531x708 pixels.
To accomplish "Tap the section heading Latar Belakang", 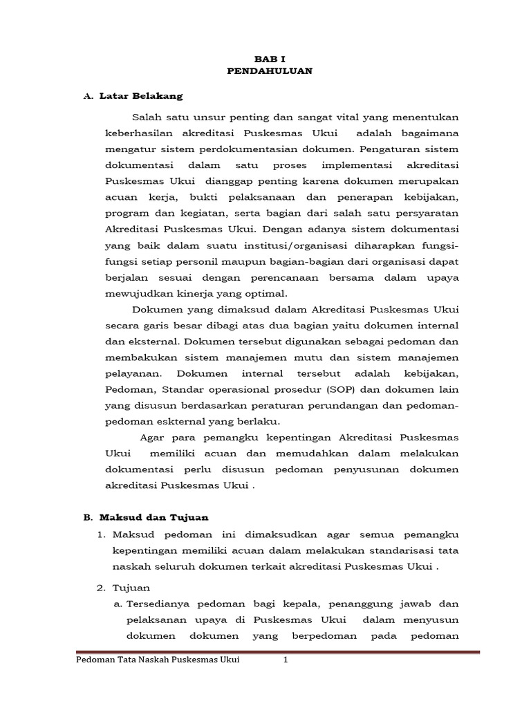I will coord(141,95).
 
